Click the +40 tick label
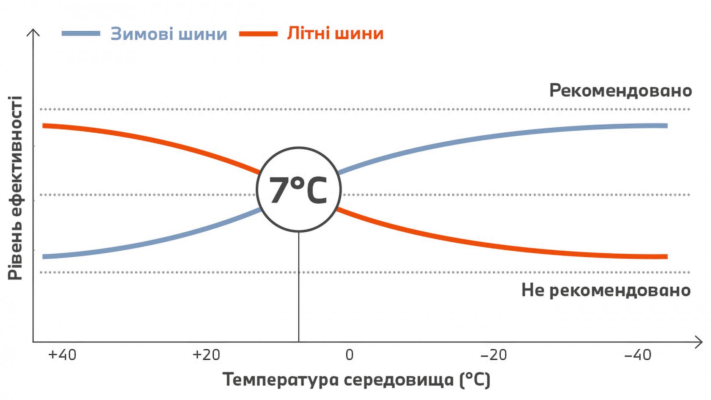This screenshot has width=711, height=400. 62,354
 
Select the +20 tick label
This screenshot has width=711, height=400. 206,354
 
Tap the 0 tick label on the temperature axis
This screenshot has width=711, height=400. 349,354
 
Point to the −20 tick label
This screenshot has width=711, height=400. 493,354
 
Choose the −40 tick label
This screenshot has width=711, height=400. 638,354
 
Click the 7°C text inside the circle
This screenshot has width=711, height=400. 298,190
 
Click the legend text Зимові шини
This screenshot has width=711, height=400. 169,34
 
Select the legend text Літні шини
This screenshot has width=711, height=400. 335,33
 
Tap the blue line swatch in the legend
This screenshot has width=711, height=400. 81,33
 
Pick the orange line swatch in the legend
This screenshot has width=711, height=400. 258,33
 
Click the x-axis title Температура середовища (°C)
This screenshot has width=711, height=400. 356,380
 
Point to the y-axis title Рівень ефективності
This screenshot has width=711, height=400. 15,188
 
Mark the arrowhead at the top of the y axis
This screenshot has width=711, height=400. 33,32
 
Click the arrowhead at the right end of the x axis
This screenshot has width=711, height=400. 699,342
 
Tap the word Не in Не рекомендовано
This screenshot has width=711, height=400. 532,290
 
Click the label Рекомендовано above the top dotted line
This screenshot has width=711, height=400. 620,90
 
